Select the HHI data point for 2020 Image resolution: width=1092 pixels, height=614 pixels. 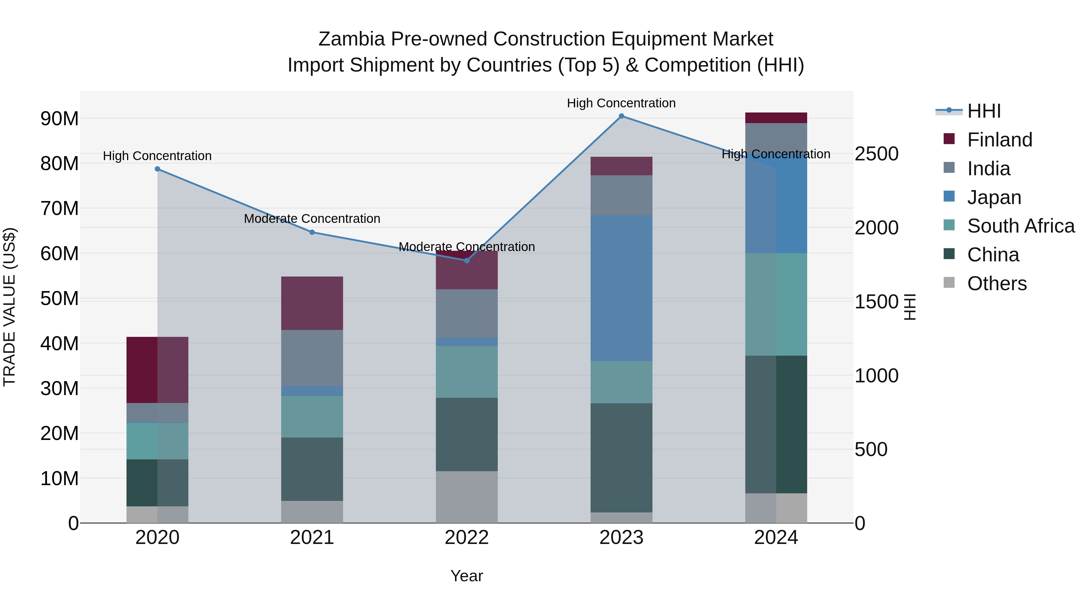[157, 169]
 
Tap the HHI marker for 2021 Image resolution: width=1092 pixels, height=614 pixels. [312, 232]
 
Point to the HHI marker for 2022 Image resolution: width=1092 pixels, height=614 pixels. [467, 260]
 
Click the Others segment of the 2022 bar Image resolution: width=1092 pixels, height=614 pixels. [467, 497]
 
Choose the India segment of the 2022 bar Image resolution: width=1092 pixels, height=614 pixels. [467, 314]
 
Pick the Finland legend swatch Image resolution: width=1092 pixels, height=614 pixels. [949, 139]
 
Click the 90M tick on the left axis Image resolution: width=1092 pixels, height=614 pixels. [59, 119]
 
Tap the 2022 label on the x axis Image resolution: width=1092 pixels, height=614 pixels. [467, 538]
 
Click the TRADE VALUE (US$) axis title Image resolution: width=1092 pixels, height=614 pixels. [10, 307]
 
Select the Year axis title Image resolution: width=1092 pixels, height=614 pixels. [467, 576]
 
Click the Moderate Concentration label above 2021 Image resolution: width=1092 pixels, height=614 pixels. [312, 219]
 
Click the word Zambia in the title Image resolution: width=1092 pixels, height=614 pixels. [352, 39]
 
